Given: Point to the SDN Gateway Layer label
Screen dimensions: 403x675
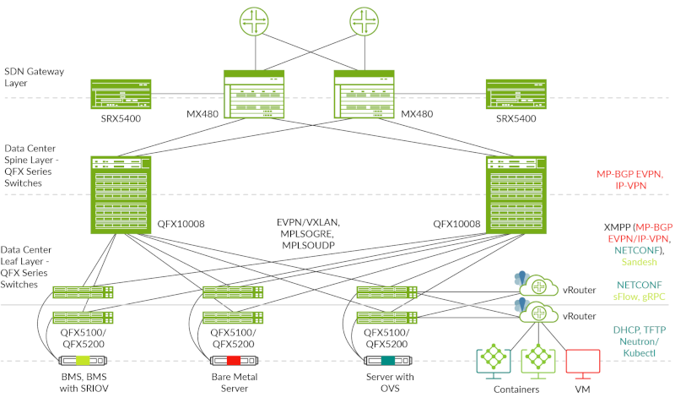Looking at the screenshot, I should point(35,78).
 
